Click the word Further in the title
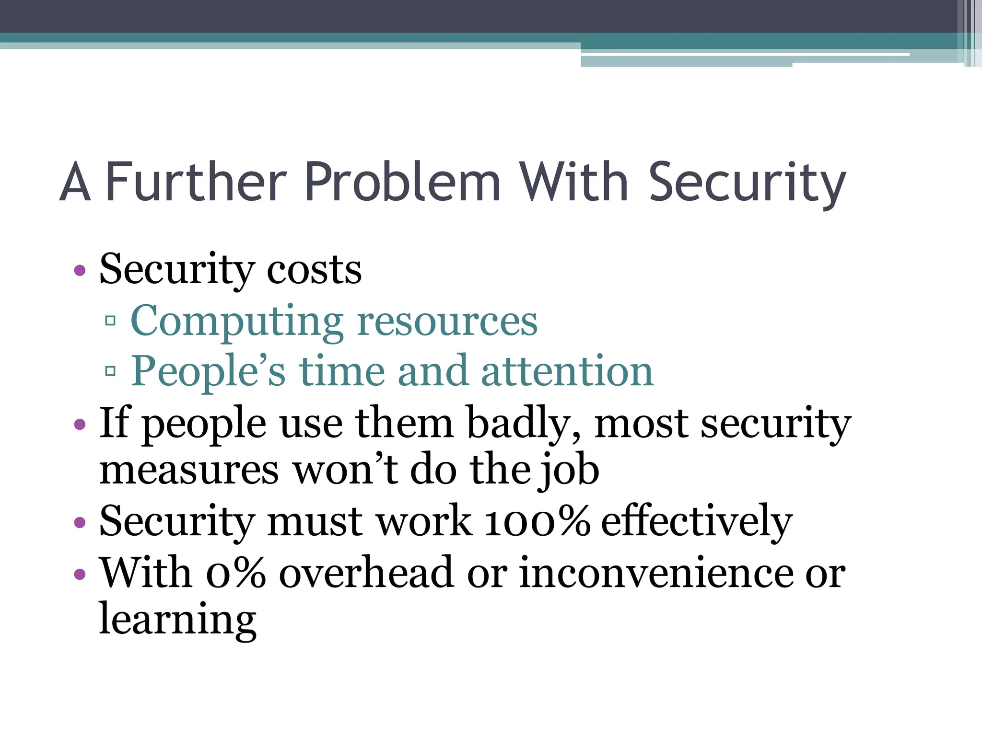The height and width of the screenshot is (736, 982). (196, 182)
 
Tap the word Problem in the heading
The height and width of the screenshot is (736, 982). (402, 182)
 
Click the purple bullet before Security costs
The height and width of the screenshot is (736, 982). (80, 271)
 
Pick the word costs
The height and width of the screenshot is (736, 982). (314, 270)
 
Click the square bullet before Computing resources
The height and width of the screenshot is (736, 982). (110, 321)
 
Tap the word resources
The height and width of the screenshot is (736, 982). (447, 321)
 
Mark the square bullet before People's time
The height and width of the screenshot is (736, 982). (110, 371)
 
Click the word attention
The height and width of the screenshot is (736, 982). (567, 371)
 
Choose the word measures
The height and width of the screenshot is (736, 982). (189, 471)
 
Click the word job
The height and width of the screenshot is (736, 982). (570, 471)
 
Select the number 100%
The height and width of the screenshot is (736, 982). (537, 521)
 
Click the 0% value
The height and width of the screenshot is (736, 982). (235, 573)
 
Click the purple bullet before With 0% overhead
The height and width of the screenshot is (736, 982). (80, 574)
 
